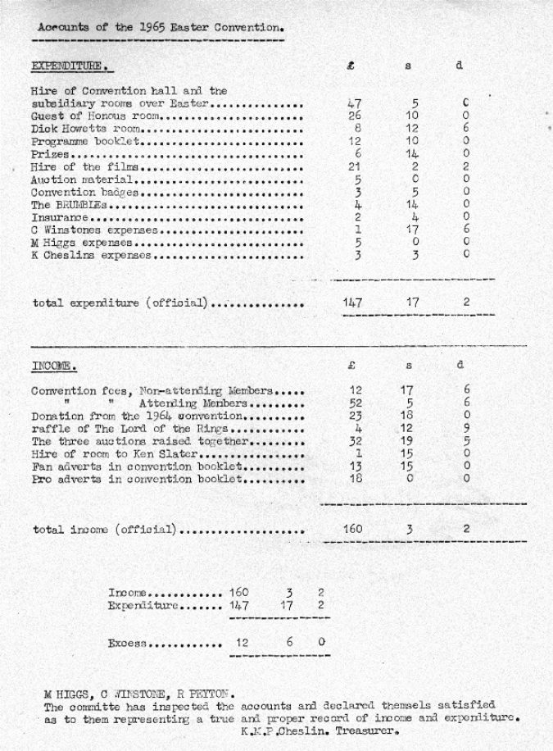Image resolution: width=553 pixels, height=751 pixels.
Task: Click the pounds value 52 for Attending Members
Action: click(355, 402)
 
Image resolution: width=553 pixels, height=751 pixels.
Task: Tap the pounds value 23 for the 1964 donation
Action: click(355, 415)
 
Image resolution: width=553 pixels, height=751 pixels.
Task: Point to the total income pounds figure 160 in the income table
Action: click(353, 529)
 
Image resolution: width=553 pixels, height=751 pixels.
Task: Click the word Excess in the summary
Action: click(126, 643)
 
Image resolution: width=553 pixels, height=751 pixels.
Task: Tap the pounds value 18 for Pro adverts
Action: click(355, 479)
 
